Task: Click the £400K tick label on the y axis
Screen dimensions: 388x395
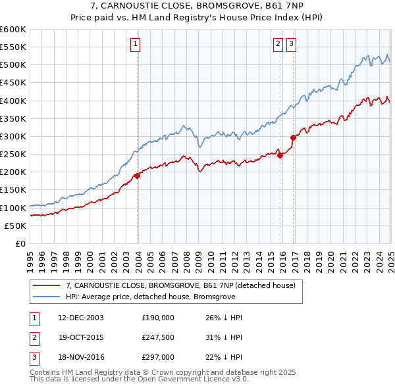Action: click(x=13, y=101)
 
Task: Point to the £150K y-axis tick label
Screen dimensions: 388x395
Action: click(x=13, y=190)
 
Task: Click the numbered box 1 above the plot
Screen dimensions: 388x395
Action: click(x=134, y=44)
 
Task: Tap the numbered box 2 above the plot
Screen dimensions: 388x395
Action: click(x=278, y=44)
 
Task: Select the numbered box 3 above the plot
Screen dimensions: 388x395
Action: click(x=291, y=44)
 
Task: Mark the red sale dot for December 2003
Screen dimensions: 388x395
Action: click(x=138, y=176)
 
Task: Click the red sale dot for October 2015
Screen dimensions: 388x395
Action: click(x=280, y=155)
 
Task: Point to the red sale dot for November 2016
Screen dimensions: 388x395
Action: click(x=293, y=137)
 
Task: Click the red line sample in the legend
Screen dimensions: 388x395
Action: click(x=46, y=285)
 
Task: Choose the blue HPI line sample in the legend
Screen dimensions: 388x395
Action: click(x=46, y=297)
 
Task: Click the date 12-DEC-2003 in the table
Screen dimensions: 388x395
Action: click(x=81, y=318)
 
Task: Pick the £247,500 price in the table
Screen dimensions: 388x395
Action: click(x=158, y=338)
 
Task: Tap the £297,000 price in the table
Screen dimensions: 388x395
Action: click(x=158, y=358)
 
